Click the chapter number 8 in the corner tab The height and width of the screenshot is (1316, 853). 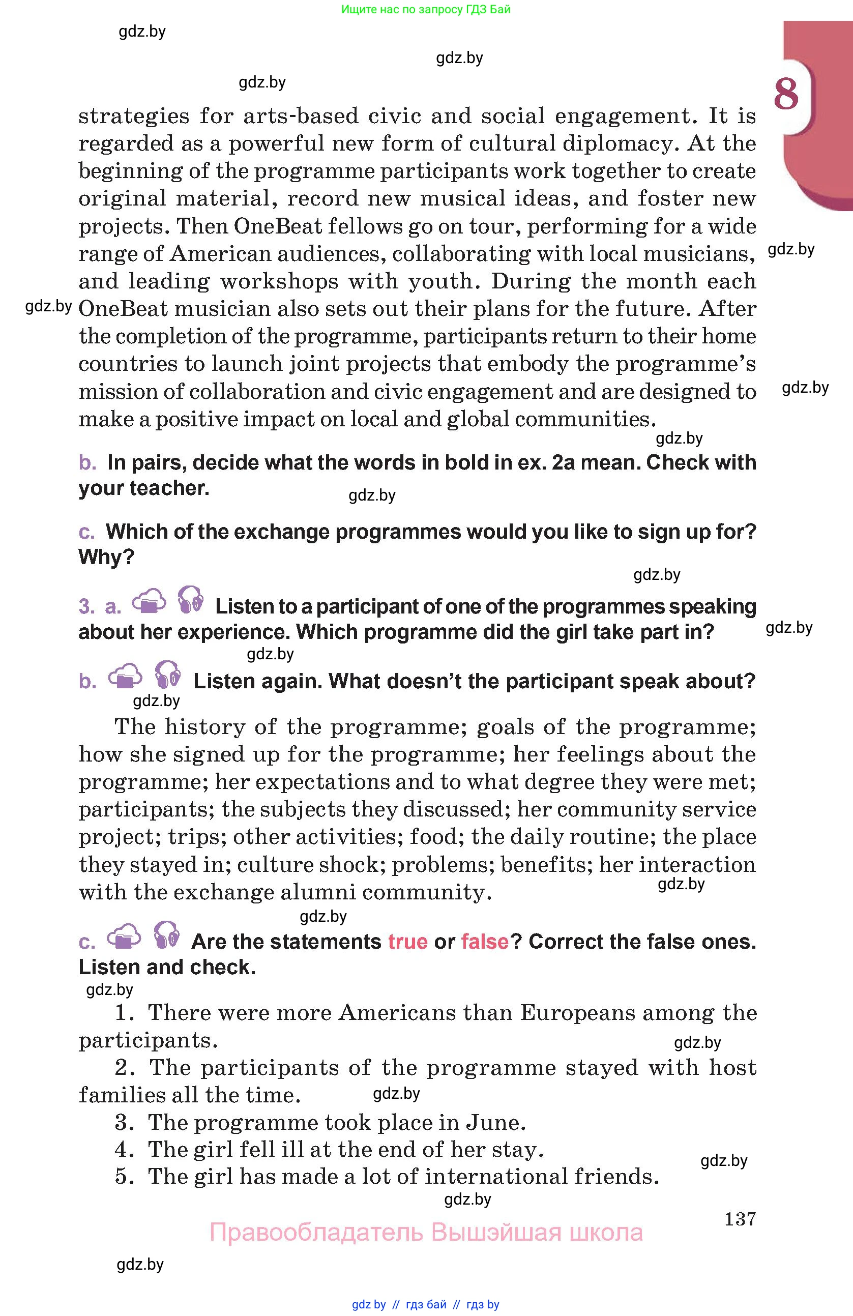(785, 94)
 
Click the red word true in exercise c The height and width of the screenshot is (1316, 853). (408, 941)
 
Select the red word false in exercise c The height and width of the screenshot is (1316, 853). (485, 941)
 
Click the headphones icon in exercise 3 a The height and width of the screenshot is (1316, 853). (191, 600)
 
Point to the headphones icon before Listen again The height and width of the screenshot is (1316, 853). (167, 675)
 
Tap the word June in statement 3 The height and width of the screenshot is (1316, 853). (495, 1123)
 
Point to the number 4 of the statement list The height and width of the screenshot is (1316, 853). (122, 1150)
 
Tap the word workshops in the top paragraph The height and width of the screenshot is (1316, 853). (279, 281)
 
